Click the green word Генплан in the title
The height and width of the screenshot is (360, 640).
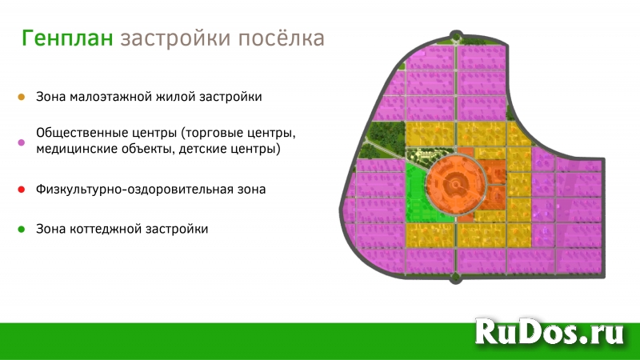click(x=68, y=38)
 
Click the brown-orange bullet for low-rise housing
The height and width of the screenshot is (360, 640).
click(x=21, y=97)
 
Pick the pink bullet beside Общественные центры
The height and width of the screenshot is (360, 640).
click(x=21, y=142)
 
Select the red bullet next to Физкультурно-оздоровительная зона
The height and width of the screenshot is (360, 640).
click(x=21, y=190)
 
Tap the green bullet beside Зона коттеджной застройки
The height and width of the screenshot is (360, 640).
click(x=21, y=229)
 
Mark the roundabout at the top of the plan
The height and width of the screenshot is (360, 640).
click(x=456, y=36)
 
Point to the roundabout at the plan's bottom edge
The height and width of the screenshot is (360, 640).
click(x=456, y=278)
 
